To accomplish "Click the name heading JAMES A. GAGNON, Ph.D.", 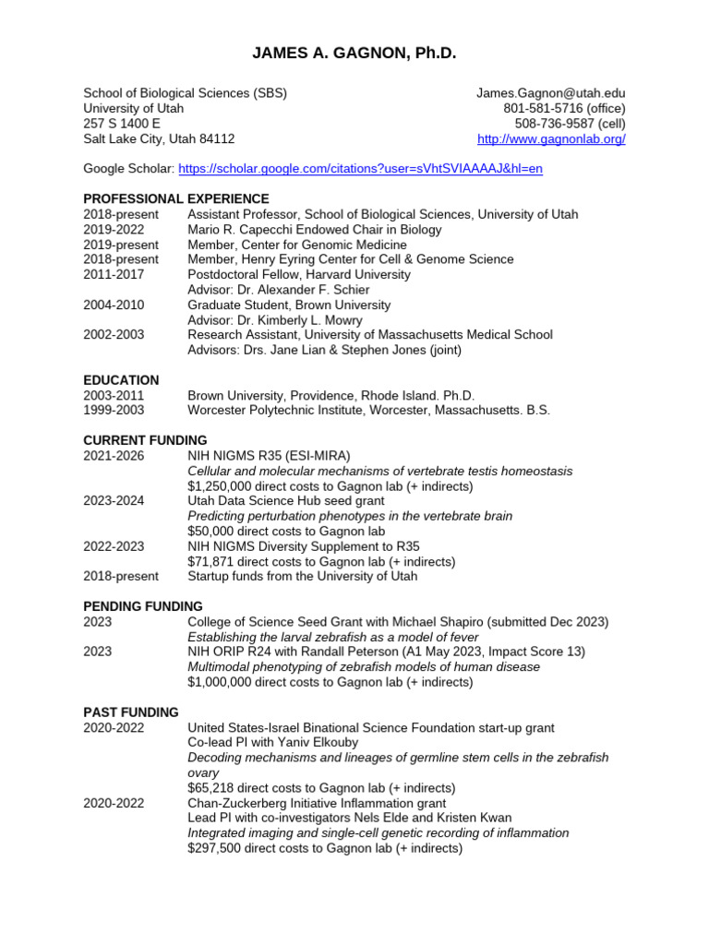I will tap(354, 54).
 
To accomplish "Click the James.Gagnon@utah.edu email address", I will tap(550, 93).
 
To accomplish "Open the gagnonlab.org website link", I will tap(551, 138).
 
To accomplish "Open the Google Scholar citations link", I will tap(360, 169).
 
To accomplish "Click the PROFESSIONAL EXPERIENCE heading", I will tap(176, 198).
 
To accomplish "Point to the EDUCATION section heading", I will tap(121, 379).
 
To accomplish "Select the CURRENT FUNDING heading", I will tap(145, 440).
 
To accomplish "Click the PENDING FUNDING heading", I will tap(143, 606).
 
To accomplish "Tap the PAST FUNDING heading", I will tap(131, 712).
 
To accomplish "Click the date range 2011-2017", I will tap(114, 274).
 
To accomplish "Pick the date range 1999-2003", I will tap(114, 410).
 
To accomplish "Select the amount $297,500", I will tap(214, 848).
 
